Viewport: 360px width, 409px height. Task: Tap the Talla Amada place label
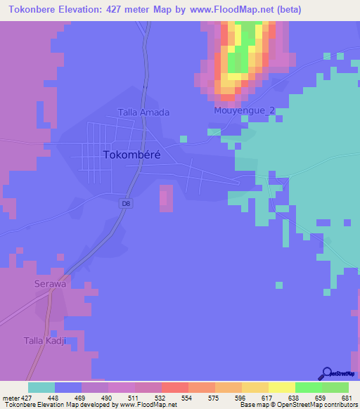[x=143, y=112]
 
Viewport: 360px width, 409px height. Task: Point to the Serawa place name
[x=51, y=284]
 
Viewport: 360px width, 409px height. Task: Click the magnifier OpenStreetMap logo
[x=326, y=372]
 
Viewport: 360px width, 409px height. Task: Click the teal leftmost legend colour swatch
[x=41, y=387]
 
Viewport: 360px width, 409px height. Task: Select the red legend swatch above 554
[x=174, y=387]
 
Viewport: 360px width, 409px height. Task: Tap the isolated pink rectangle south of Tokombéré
[x=166, y=197]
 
